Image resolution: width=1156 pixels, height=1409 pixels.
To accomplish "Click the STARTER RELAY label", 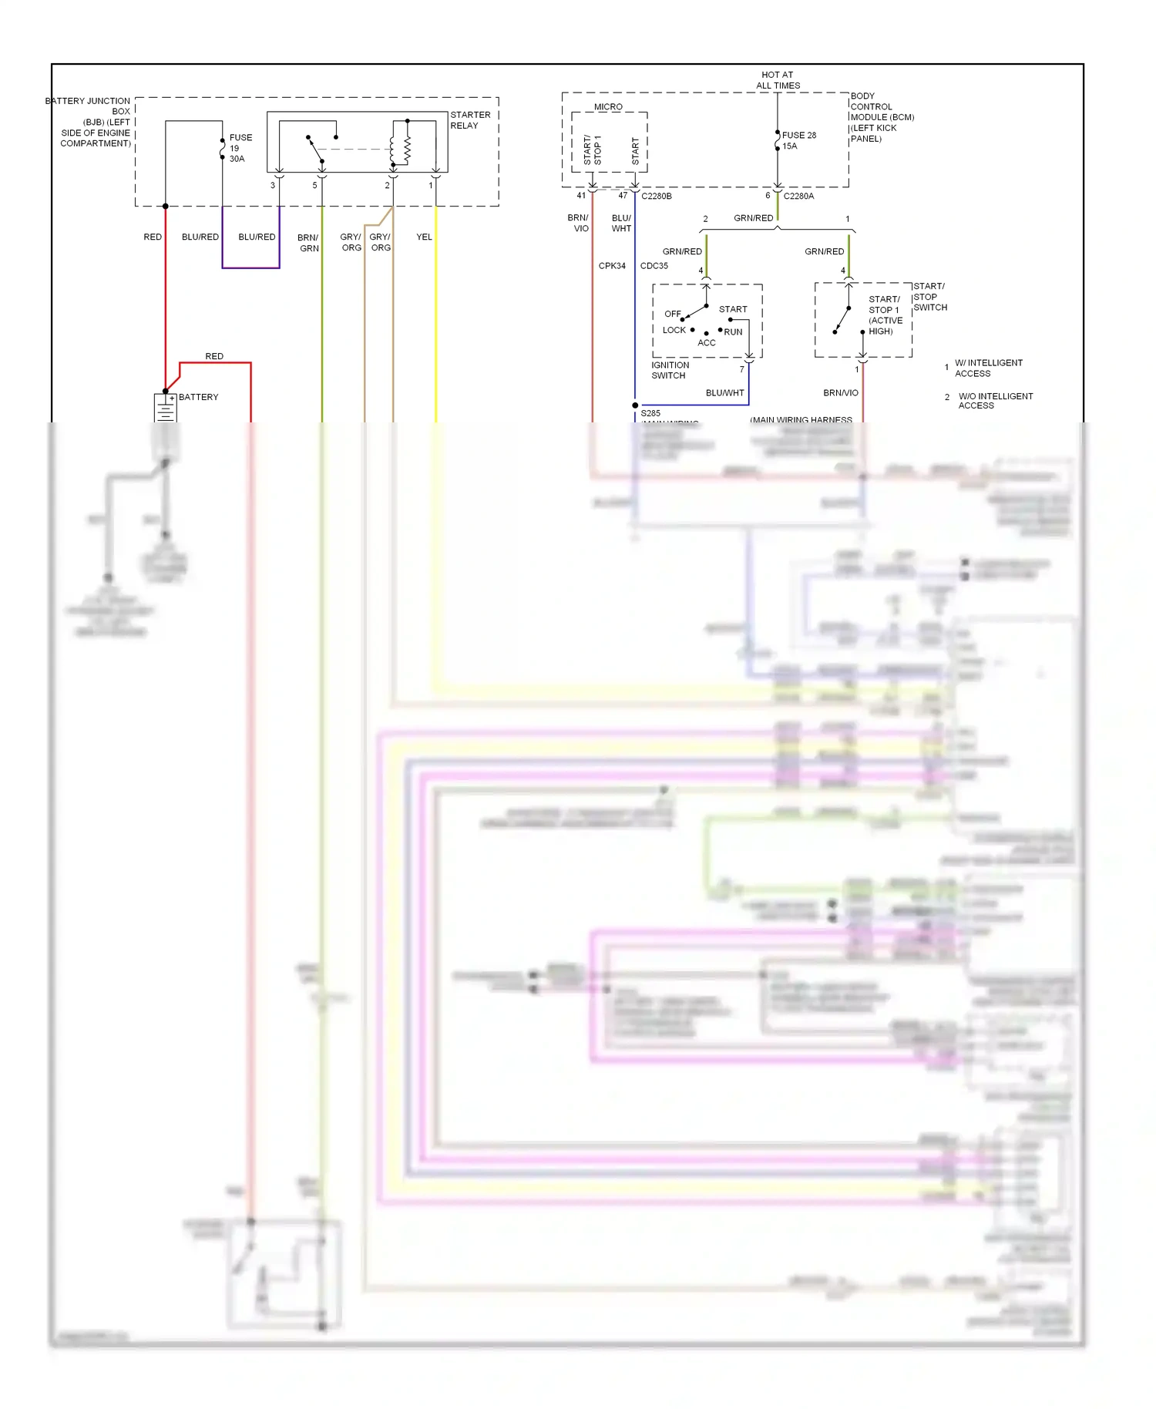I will [x=469, y=120].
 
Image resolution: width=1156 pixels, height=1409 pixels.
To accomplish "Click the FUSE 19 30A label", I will [x=240, y=148].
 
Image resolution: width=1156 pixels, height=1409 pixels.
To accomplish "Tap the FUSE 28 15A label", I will [x=798, y=140].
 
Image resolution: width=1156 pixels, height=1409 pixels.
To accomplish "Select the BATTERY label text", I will [x=198, y=397].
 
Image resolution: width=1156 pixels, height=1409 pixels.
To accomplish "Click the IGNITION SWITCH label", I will [x=670, y=370].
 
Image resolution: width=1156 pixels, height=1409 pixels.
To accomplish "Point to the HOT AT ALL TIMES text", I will [x=778, y=80].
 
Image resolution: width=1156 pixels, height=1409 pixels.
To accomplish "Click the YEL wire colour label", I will [x=424, y=237].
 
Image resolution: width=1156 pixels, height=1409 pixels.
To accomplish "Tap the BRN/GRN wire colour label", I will [x=308, y=243].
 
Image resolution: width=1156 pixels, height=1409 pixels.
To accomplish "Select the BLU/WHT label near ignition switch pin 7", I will [x=724, y=392].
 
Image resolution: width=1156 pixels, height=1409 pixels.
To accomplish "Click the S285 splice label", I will [x=650, y=413].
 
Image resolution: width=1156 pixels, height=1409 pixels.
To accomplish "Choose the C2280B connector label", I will [x=656, y=196].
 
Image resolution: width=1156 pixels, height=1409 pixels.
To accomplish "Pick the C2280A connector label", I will [x=798, y=196].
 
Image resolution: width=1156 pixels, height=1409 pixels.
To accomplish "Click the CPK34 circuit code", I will [x=612, y=266].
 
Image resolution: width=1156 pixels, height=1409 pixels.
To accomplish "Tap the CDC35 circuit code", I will [x=654, y=266].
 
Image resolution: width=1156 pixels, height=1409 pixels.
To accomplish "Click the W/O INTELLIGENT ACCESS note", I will [x=994, y=401].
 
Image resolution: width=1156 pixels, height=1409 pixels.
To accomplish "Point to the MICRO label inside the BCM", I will [x=608, y=107].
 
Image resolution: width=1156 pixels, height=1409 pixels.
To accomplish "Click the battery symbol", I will [x=166, y=408].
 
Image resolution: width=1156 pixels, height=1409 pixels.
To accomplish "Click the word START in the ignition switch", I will [x=733, y=309].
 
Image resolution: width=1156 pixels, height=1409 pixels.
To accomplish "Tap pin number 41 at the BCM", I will [x=581, y=196].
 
